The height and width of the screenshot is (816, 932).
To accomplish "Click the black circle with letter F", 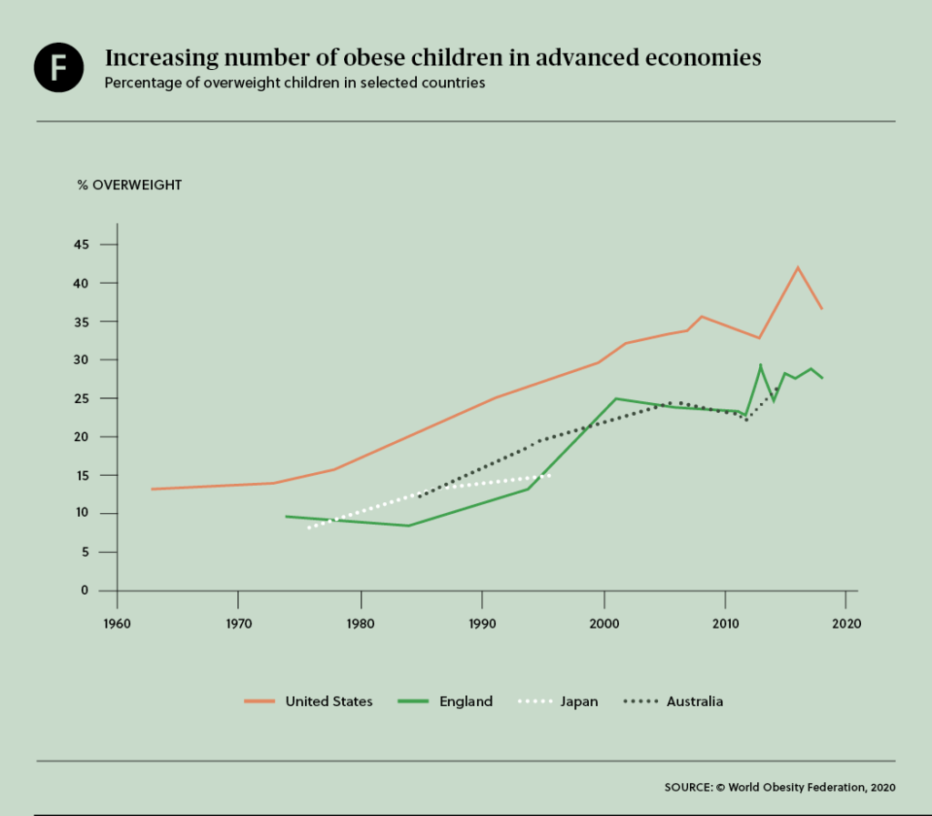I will [59, 68].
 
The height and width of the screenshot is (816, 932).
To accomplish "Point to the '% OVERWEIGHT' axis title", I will [129, 185].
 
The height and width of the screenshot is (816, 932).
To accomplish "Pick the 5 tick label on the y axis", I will [86, 552].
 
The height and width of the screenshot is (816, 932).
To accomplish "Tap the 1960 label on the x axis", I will [116, 625].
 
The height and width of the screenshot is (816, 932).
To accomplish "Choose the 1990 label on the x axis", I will [482, 625].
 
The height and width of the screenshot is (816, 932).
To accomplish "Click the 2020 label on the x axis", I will [846, 625].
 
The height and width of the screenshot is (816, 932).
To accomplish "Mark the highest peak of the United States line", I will [797, 267].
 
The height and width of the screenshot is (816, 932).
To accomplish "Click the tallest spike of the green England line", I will [760, 365].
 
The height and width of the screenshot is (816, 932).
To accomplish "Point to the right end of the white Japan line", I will [549, 475].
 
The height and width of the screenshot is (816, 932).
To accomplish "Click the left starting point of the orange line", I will [152, 489].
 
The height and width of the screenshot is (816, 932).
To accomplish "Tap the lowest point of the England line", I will [408, 526].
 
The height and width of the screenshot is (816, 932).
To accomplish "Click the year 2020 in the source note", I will [882, 788].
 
